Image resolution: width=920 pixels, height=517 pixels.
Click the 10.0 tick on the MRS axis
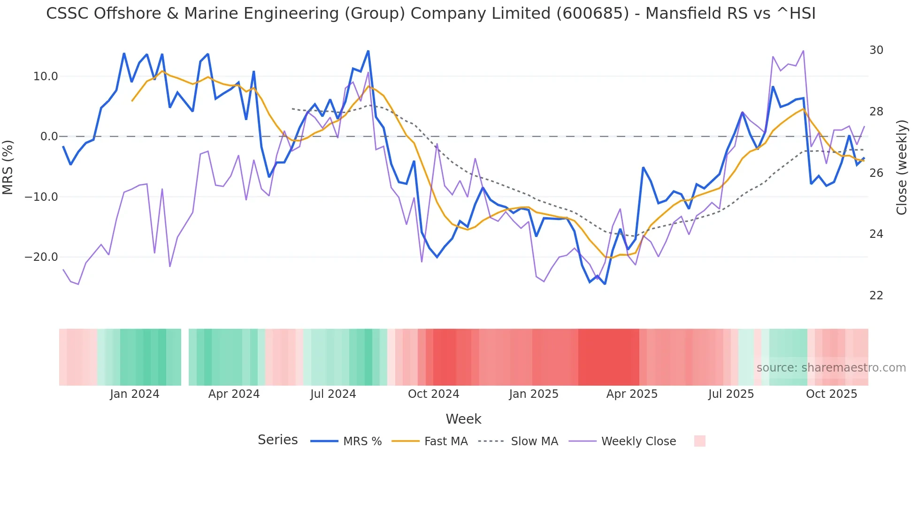[x=46, y=76]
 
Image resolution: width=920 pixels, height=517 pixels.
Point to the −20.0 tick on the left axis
[x=41, y=257]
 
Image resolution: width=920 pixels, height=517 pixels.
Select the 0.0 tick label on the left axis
[x=49, y=137]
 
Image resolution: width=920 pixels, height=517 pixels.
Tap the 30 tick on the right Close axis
[x=876, y=50]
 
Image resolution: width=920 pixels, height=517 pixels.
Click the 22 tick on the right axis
[x=876, y=296]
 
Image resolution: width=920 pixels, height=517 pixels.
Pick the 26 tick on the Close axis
[x=876, y=173]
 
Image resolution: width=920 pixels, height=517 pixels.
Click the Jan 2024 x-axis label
[x=135, y=394]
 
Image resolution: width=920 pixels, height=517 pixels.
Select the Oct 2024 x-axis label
[x=433, y=394]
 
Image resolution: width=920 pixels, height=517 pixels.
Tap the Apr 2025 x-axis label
[x=632, y=394]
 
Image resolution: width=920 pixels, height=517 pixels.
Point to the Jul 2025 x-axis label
[x=731, y=394]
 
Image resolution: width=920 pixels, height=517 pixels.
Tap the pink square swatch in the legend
[x=699, y=441]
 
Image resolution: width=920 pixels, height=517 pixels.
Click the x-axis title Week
[x=463, y=419]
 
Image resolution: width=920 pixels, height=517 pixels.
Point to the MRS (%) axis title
[x=8, y=167]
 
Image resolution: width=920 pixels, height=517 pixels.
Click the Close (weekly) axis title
[x=901, y=167]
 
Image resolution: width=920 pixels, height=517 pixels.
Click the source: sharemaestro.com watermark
[x=831, y=368]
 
